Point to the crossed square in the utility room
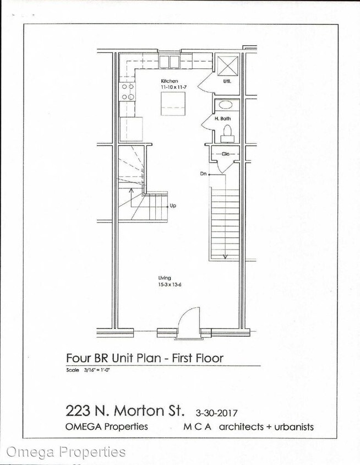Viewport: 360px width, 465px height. pyautogui.click(x=226, y=64)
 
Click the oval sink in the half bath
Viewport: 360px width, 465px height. pyautogui.click(x=226, y=105)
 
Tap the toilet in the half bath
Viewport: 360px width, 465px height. pyautogui.click(x=226, y=132)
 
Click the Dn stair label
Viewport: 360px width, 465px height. pyautogui.click(x=204, y=174)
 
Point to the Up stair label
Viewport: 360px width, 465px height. pyautogui.click(x=173, y=206)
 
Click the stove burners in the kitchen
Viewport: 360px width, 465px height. pyautogui.click(x=128, y=91)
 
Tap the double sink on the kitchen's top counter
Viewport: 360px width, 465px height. pyautogui.click(x=170, y=61)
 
